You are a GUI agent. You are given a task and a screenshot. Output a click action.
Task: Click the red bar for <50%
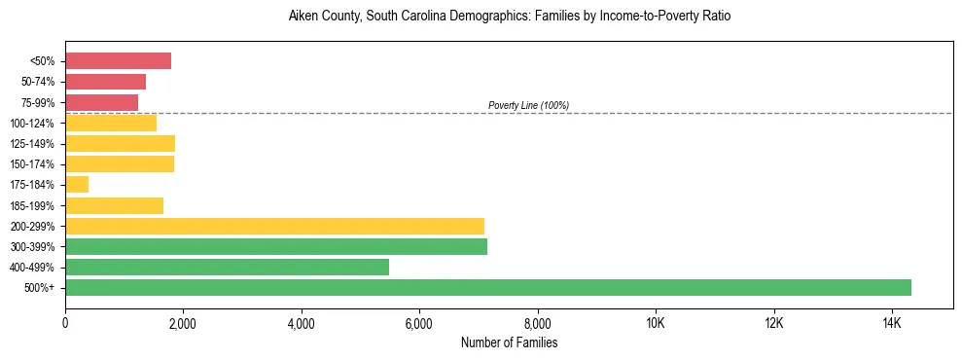[118, 61]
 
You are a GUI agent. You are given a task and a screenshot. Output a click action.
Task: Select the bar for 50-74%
[105, 82]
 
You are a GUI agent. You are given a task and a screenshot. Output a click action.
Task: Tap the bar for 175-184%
[77, 185]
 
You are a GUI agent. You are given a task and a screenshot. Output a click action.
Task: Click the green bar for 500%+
[488, 287]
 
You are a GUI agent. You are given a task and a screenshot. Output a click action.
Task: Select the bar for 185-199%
[114, 205]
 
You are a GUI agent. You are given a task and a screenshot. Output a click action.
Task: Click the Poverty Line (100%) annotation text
[528, 105]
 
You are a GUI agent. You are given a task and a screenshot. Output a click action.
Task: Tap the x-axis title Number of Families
[509, 342]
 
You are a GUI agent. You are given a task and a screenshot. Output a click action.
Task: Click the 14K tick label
[892, 323]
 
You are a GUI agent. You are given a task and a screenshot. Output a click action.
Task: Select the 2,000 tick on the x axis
[183, 323]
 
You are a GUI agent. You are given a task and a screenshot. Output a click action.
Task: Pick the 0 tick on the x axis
[65, 323]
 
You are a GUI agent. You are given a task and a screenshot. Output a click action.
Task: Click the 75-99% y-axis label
[38, 102]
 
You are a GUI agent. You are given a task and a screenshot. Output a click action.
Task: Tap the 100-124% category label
[33, 124]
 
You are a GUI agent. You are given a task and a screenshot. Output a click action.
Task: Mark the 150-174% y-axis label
[33, 164]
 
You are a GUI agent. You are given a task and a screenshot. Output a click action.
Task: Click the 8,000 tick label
[537, 323]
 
